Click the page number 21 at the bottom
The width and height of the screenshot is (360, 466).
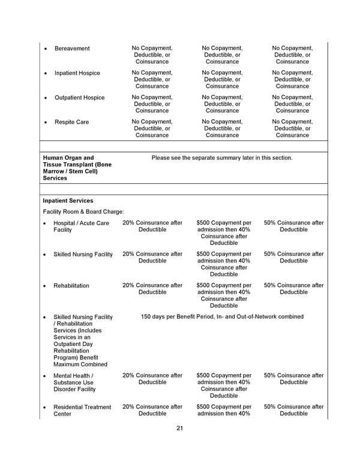coord(179,428)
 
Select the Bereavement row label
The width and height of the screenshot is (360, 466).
coord(72,49)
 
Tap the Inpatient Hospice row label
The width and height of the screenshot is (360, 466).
coord(77,73)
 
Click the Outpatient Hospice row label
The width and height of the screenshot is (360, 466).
coord(79,98)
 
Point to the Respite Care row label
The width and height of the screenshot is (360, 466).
coord(71,123)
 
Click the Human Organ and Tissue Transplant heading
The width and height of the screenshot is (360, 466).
coord(77,168)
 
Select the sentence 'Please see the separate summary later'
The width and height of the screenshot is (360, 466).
coord(222,158)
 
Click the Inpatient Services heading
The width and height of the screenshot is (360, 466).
coord(68,201)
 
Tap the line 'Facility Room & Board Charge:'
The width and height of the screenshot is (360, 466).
coord(83,212)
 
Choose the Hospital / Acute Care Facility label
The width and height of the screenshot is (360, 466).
coord(81,226)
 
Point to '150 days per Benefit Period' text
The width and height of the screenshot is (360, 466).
coord(222,316)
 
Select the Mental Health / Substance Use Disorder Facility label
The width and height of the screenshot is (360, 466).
coord(74,383)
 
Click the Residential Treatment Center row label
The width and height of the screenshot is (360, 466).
coord(82,411)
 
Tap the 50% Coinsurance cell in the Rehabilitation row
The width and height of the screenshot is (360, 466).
coord(293,289)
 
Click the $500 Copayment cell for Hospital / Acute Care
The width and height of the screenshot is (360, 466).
coord(224,233)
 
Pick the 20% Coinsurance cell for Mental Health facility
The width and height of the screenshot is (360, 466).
coord(152,379)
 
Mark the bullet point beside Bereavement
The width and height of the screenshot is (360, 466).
coord(46,49)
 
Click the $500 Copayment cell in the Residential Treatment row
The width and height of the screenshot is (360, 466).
coord(224,410)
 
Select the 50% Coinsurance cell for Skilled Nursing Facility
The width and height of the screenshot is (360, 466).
coord(293,258)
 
